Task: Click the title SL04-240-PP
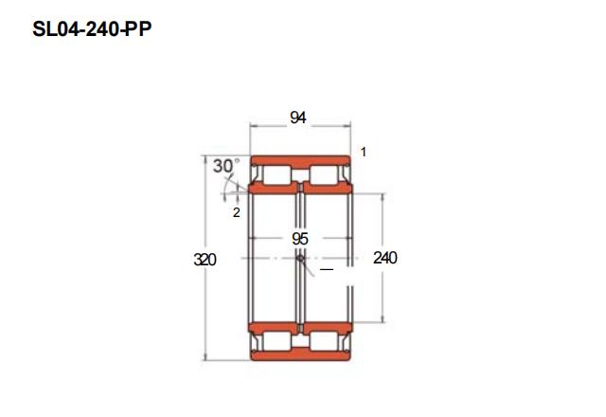coord(92,29)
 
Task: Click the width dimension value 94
coord(298,118)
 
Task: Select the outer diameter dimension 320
coord(205,260)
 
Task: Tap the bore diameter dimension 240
coord(385,258)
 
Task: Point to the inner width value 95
coord(300,239)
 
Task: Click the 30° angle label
coord(226,166)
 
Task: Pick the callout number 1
coord(364,152)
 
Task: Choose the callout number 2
coord(236,212)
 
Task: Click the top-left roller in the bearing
coord(276,174)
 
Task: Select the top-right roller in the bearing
coord(325,174)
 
